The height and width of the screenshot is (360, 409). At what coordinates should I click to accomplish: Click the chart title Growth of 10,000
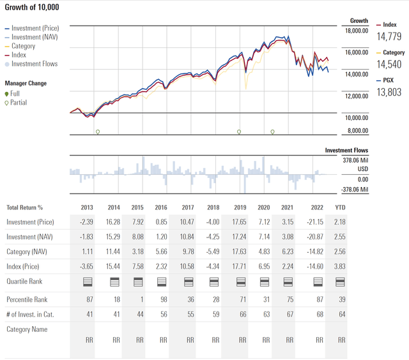(x=33, y=6)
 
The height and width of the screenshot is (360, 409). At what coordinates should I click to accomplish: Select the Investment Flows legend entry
(x=34, y=64)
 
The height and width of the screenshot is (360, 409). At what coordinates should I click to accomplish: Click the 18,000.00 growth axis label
(x=356, y=31)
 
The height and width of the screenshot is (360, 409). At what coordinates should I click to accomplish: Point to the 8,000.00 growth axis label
(x=358, y=131)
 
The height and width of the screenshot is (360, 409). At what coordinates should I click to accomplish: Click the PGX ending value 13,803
(x=389, y=93)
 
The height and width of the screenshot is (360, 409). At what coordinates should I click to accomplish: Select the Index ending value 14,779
(x=389, y=36)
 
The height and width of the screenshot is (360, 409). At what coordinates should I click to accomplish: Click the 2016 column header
(x=161, y=207)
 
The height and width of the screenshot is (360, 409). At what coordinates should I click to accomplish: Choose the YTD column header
(x=339, y=207)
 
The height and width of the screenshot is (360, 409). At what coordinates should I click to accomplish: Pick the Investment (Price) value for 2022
(x=315, y=222)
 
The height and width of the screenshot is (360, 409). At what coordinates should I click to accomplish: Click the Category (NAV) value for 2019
(x=240, y=251)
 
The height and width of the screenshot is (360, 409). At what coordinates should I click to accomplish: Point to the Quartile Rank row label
(x=26, y=281)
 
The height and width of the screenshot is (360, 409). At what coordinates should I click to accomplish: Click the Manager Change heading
(x=26, y=84)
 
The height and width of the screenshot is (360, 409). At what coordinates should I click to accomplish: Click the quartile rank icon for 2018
(x=213, y=281)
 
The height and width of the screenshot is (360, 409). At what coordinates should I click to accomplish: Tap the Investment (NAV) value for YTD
(x=339, y=237)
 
